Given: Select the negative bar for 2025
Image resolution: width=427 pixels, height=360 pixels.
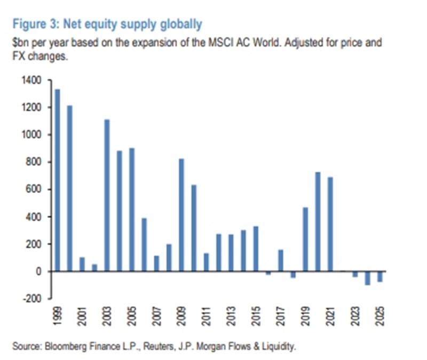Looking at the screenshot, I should pos(379,276).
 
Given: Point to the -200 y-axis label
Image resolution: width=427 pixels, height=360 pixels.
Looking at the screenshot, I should pos(31,299).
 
